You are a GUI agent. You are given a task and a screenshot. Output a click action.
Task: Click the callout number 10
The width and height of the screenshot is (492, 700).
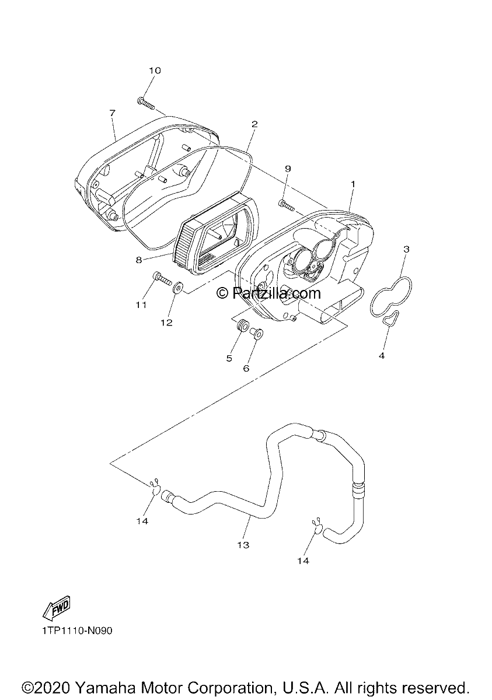(155, 71)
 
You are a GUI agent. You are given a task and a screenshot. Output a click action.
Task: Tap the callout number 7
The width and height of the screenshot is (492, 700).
(113, 113)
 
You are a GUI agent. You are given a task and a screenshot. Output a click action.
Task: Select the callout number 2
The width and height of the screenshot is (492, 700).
(254, 124)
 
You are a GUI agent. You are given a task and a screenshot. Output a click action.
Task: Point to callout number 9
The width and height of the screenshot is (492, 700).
(288, 169)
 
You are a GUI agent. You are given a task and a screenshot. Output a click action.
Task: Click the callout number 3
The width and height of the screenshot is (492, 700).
(406, 250)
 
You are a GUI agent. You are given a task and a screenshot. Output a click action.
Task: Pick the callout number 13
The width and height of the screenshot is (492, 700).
(243, 545)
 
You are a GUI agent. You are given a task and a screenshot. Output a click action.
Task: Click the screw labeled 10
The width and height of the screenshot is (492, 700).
(146, 104)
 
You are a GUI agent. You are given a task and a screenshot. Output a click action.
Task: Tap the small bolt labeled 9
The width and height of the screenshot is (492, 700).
(287, 205)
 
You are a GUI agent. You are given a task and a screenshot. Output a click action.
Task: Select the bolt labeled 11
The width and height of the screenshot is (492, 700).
(163, 278)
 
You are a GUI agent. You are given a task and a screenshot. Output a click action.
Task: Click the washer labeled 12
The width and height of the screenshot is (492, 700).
(177, 287)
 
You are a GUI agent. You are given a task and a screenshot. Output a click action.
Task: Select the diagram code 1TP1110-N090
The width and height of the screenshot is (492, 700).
(77, 631)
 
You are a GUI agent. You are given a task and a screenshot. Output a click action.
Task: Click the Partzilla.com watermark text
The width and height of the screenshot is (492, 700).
(268, 293)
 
